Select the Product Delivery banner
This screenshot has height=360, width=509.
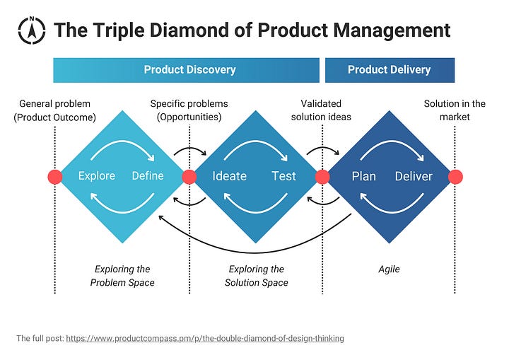pyautogui.click(x=389, y=70)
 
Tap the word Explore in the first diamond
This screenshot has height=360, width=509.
pyautogui.click(x=96, y=176)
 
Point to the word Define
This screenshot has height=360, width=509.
pyautogui.click(x=148, y=176)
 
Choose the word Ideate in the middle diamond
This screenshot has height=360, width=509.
pyautogui.click(x=230, y=176)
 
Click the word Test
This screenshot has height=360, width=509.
pyautogui.click(x=283, y=176)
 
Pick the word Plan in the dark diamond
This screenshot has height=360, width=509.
pyautogui.click(x=363, y=176)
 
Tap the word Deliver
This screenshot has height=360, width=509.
pyautogui.click(x=414, y=176)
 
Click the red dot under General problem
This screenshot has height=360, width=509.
pyautogui.click(x=55, y=177)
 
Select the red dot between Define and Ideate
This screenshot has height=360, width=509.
pyautogui.click(x=189, y=177)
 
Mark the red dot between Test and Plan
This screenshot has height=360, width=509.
pyautogui.click(x=322, y=177)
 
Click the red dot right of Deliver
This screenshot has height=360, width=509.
pyautogui.click(x=455, y=177)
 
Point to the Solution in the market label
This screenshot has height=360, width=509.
pyautogui.click(x=455, y=110)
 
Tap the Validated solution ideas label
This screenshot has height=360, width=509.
pyautogui.click(x=322, y=110)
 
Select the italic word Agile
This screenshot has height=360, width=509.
pyautogui.click(x=389, y=269)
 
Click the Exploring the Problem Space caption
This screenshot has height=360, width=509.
pyautogui.click(x=122, y=276)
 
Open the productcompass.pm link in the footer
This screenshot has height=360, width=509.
pyautogui.click(x=205, y=339)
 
